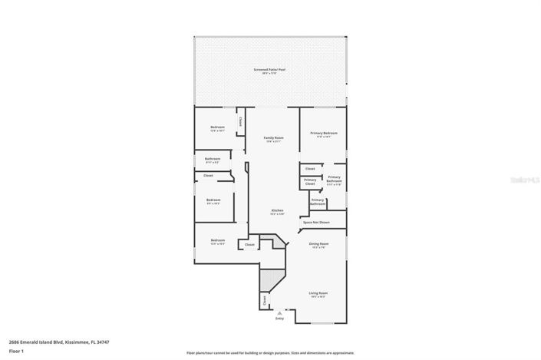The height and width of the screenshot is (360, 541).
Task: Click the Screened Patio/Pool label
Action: tap(269, 71)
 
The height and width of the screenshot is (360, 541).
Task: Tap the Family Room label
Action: tap(273, 139)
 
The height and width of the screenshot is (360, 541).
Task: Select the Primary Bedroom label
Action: tap(323, 134)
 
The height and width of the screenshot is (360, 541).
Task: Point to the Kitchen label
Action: tap(277, 211)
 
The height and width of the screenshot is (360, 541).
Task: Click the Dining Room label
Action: tap(318, 245)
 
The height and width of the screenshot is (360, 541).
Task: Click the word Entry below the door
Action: tap(289, 318)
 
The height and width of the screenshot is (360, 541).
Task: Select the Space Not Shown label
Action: tap(316, 222)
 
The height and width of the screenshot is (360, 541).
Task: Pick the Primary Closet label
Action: tap(309, 182)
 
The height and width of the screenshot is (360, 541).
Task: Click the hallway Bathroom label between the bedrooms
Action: tap(213, 160)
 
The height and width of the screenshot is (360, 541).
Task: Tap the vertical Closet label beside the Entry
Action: tap(266, 301)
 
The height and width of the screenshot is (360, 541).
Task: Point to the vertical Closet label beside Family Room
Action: tap(240, 121)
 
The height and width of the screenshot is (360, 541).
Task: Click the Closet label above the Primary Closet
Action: tap(310, 168)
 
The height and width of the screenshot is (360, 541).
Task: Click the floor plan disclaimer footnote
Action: tap(270, 352)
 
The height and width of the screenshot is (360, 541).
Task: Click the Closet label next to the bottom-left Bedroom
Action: tap(249, 245)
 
